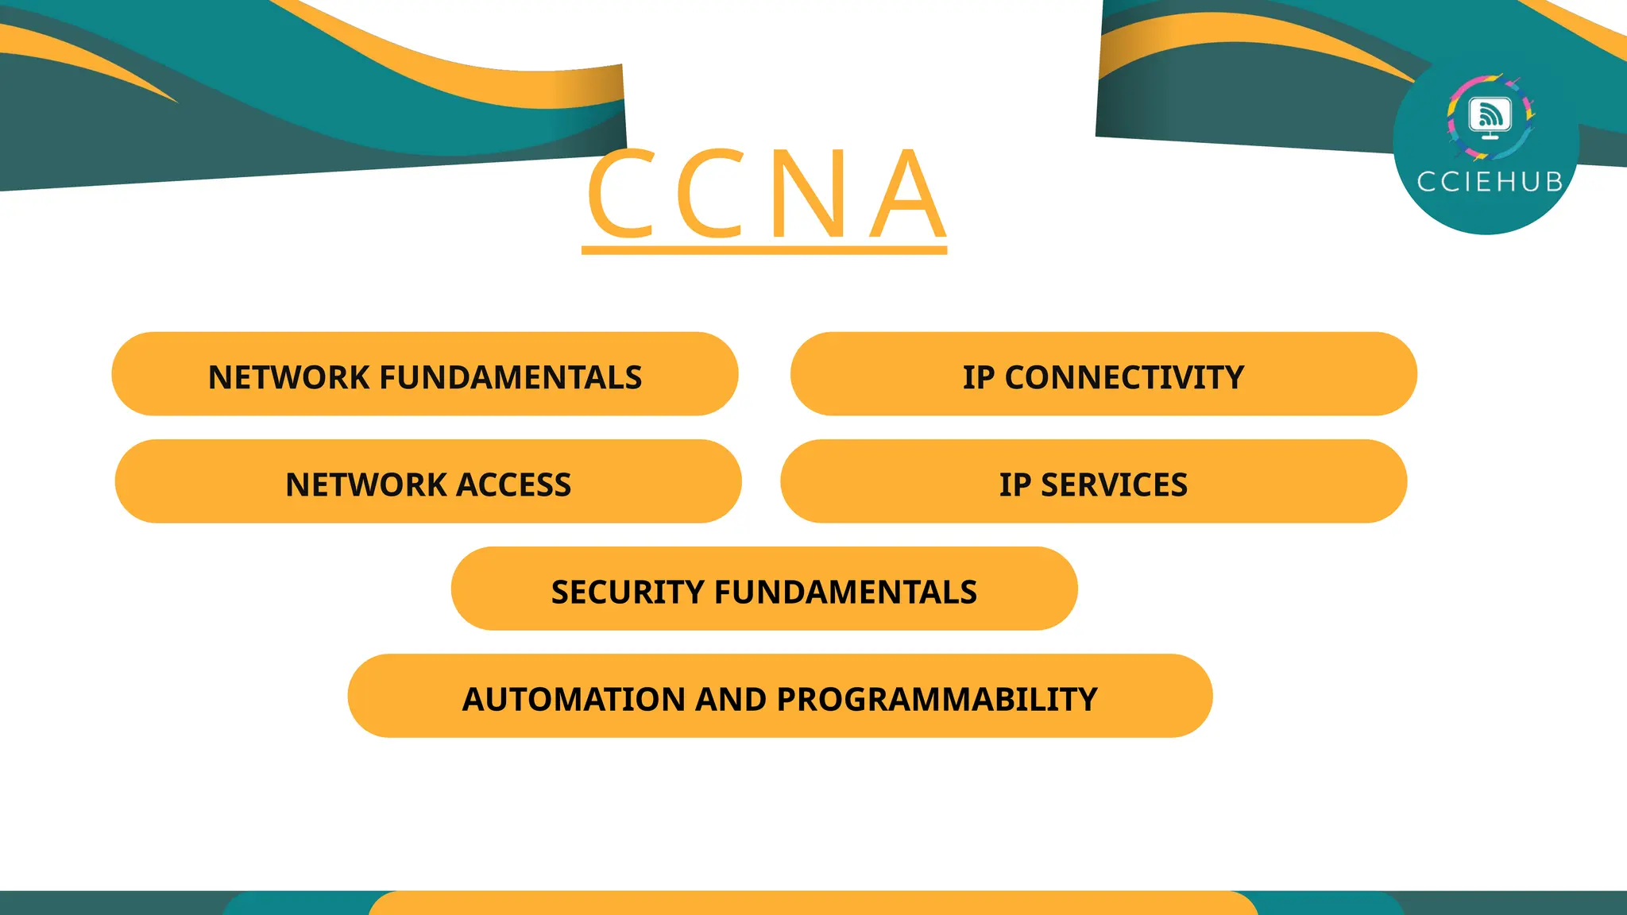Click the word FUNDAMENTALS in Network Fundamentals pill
coord(511,377)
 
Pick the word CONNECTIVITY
coord(1124,377)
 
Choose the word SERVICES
coord(1114,485)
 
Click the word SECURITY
coord(628,592)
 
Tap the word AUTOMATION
coord(574,700)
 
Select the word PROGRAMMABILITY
coord(937,700)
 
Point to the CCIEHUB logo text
coord(1490,182)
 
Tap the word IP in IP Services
coord(1015,485)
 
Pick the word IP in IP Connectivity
coord(979,377)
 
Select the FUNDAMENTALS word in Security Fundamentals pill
coord(845,592)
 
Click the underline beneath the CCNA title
coord(764,251)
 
